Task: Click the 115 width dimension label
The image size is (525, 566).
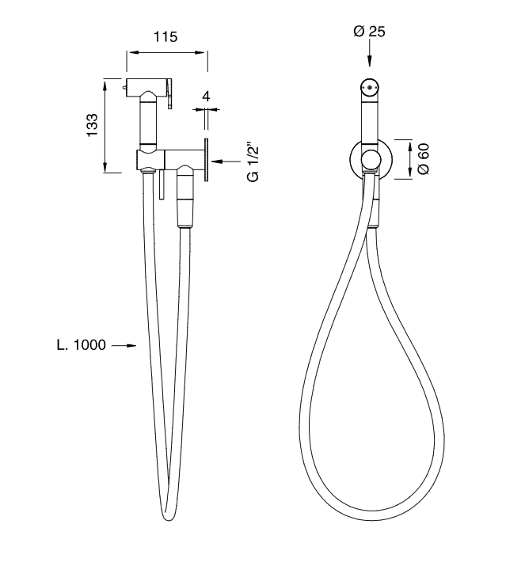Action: click(165, 37)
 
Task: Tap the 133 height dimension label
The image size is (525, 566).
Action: click(92, 125)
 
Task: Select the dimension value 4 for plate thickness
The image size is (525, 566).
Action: click(206, 97)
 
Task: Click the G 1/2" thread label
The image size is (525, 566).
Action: click(254, 164)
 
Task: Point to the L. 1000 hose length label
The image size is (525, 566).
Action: click(82, 344)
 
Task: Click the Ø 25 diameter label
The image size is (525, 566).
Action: click(369, 32)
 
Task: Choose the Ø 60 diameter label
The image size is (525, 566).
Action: click(424, 159)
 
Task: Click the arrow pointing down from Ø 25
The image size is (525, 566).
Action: click(369, 53)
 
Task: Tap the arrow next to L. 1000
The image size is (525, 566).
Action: click(124, 346)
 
